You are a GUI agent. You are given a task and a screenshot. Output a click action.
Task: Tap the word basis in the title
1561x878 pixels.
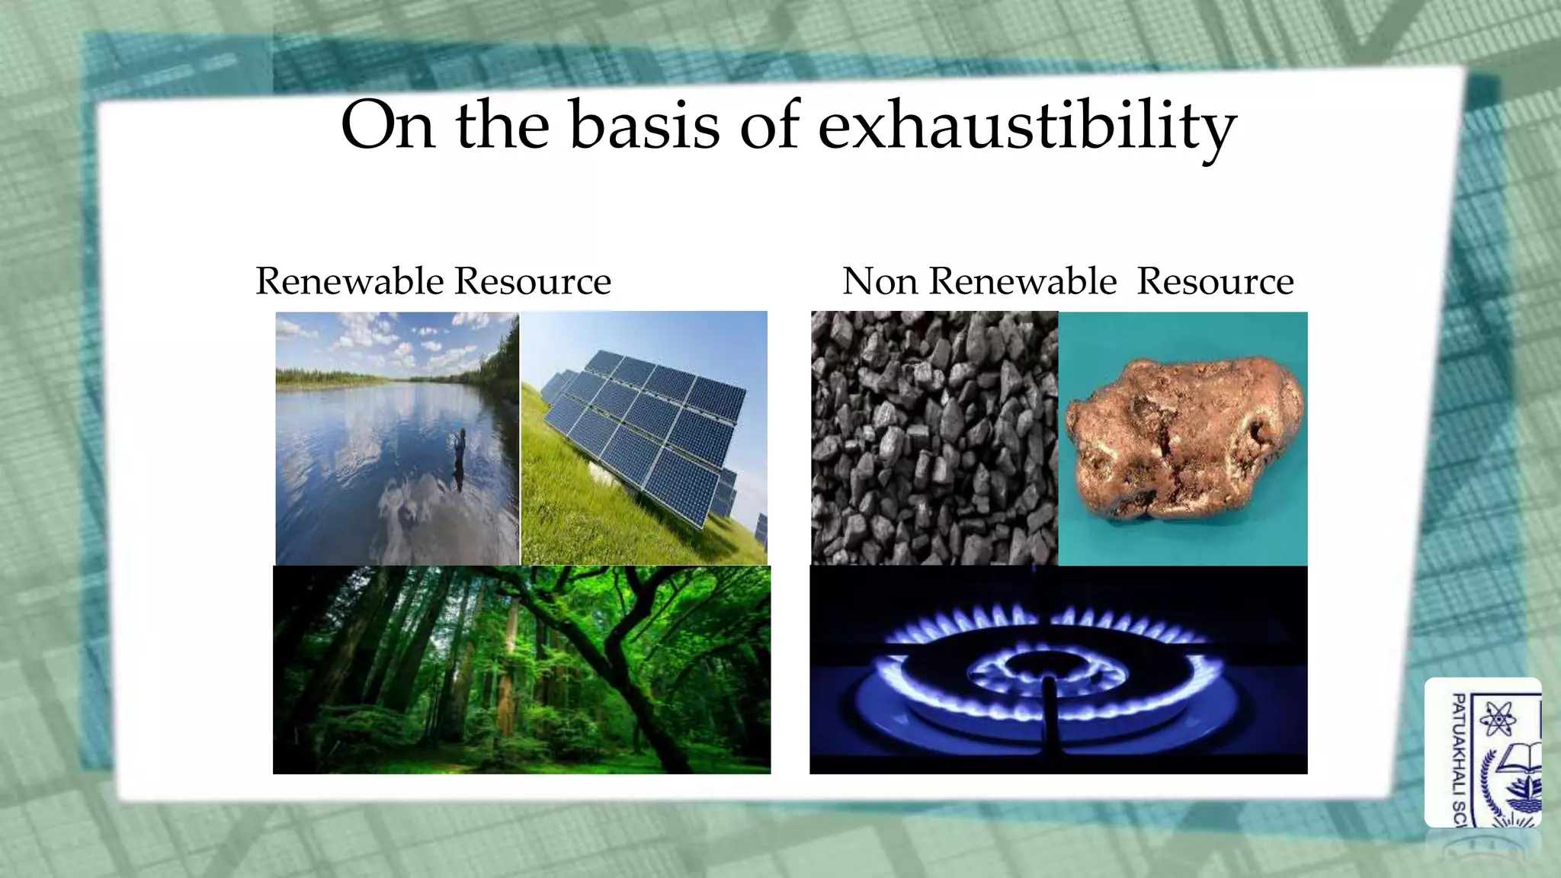[644, 126]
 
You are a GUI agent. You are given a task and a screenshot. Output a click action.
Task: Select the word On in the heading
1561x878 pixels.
[387, 126]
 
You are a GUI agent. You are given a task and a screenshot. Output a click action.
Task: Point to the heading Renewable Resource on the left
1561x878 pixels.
[433, 281]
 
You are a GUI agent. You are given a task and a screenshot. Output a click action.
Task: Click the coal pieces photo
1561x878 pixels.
[934, 438]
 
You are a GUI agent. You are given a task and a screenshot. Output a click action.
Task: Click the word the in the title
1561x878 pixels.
[502, 126]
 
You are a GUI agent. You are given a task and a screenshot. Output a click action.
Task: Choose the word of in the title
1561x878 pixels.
[769, 126]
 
